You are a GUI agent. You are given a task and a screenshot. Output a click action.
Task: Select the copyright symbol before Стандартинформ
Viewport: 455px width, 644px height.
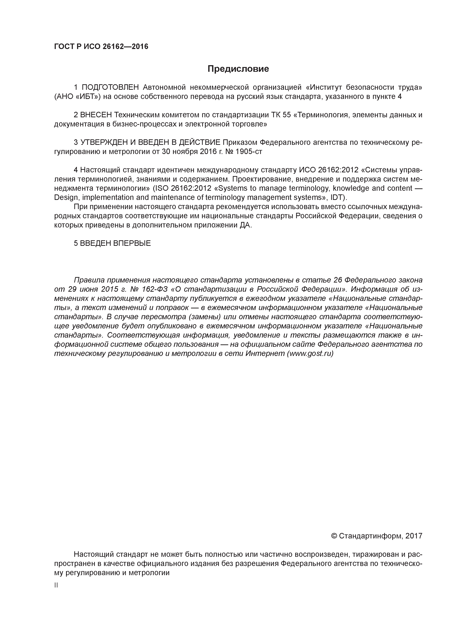coord(334,536)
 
